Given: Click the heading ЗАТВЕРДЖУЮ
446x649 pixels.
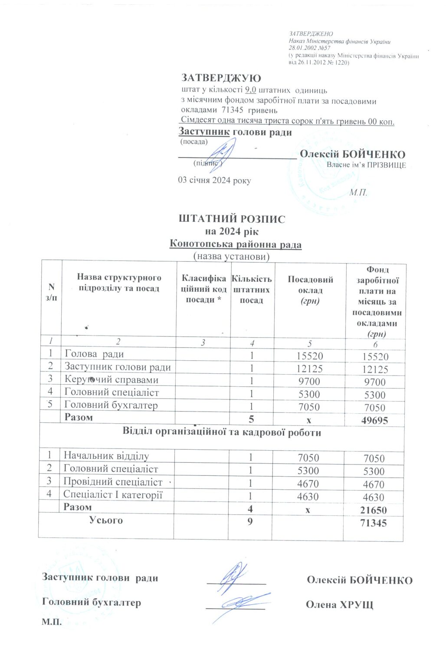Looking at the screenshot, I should (x=221, y=78).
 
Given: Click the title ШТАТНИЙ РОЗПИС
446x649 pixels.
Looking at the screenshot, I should (x=232, y=219).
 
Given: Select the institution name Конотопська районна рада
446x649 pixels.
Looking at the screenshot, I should (x=235, y=244).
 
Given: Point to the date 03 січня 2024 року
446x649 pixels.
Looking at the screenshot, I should (x=214, y=180).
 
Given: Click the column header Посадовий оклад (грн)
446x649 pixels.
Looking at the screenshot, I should (x=310, y=290).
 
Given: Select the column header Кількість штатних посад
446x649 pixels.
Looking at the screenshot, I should (x=251, y=289).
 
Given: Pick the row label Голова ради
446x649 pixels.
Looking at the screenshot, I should (x=94, y=354).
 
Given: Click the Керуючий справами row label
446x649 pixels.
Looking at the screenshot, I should (x=111, y=379).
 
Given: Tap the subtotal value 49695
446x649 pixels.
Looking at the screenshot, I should (x=374, y=420).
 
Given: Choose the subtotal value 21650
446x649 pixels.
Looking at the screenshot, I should (x=373, y=510).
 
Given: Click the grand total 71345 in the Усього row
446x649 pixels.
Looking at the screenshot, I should (x=373, y=523).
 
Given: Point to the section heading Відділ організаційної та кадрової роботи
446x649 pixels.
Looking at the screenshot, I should (x=222, y=432).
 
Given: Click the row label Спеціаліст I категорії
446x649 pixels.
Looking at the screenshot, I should (x=113, y=494).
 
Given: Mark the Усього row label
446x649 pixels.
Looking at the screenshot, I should (x=106, y=520).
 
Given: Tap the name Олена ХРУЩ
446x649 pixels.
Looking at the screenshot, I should (x=339, y=605).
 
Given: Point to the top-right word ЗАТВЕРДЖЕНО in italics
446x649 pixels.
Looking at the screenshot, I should (x=311, y=34).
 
